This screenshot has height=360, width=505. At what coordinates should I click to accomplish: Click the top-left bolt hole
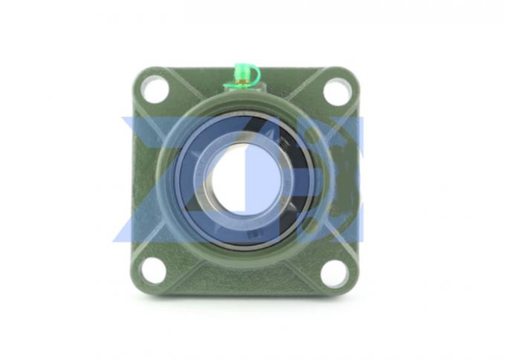click(x=154, y=90)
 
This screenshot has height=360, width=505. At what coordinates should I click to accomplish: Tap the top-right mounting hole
click(x=336, y=91)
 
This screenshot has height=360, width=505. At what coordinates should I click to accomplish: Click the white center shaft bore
click(x=234, y=180)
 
